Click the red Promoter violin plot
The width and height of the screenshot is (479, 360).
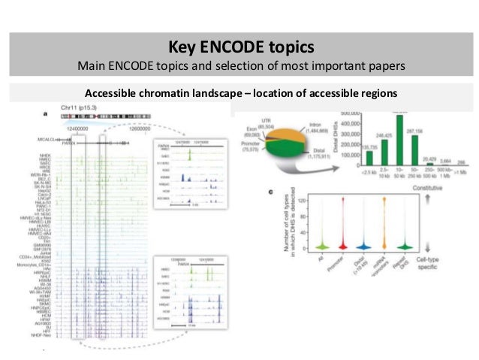(x=341, y=225)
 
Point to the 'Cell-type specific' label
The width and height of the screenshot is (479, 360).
(x=451, y=263)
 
